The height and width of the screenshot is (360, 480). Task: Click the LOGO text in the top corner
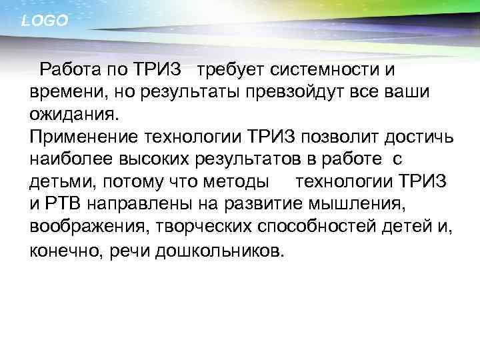[45, 21]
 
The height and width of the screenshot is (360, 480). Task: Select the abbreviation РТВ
[62, 205]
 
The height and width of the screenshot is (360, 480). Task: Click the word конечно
[62, 251]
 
